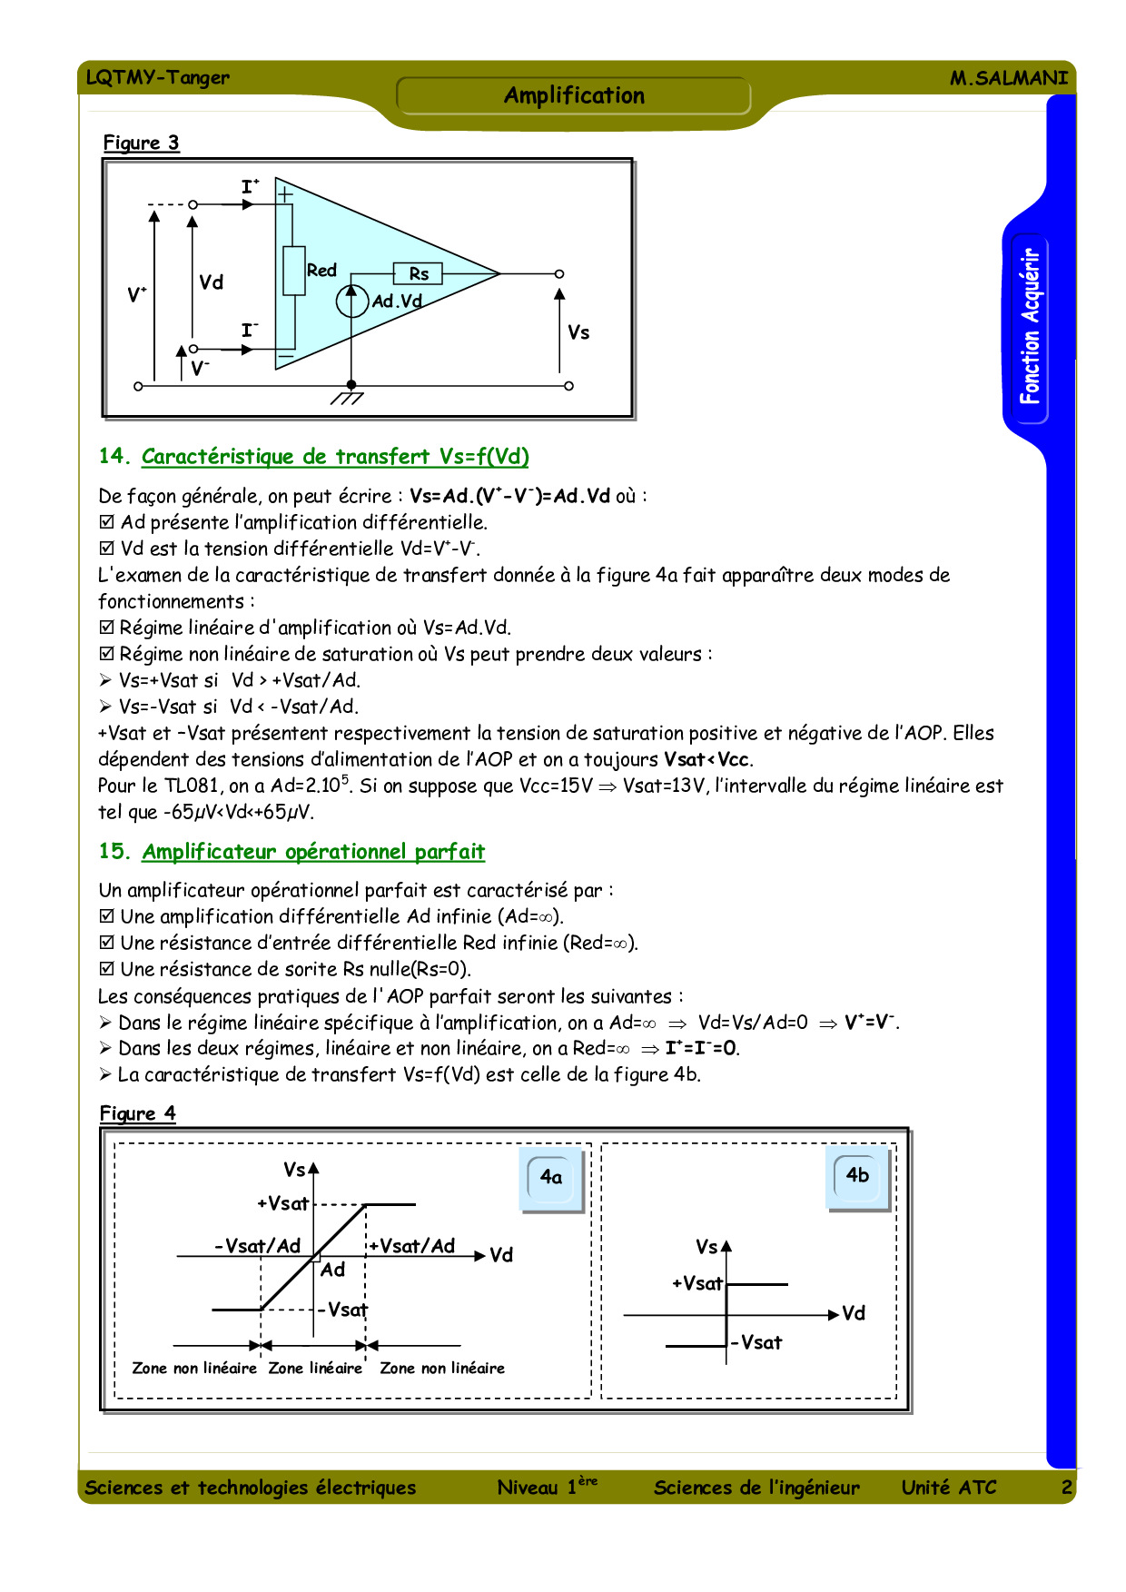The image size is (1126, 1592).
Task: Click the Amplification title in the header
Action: point(574,95)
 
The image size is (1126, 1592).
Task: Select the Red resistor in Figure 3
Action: point(293,271)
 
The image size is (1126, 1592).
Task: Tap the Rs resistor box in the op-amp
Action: point(418,273)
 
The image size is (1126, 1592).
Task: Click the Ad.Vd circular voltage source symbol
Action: point(352,301)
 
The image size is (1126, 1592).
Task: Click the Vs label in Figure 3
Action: point(578,332)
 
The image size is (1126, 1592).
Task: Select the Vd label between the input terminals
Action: point(211,282)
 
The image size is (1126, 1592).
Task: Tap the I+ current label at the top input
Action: point(250,187)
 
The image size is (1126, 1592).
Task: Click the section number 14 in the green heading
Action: point(114,456)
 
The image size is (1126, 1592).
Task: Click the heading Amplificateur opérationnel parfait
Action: point(313,852)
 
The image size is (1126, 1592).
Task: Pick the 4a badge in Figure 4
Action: point(551,1178)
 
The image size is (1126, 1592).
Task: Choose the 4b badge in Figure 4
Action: point(857,1176)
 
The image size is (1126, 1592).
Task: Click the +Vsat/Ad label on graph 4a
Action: point(412,1246)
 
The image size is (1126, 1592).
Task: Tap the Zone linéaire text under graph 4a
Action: point(315,1368)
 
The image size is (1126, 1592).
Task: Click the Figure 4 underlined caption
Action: point(137,1113)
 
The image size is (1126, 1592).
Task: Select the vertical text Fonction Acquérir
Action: point(1029,326)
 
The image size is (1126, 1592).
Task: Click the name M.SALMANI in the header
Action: point(1008,78)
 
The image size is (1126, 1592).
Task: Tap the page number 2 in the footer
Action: point(1066,1487)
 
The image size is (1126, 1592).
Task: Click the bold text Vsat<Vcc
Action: point(708,759)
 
